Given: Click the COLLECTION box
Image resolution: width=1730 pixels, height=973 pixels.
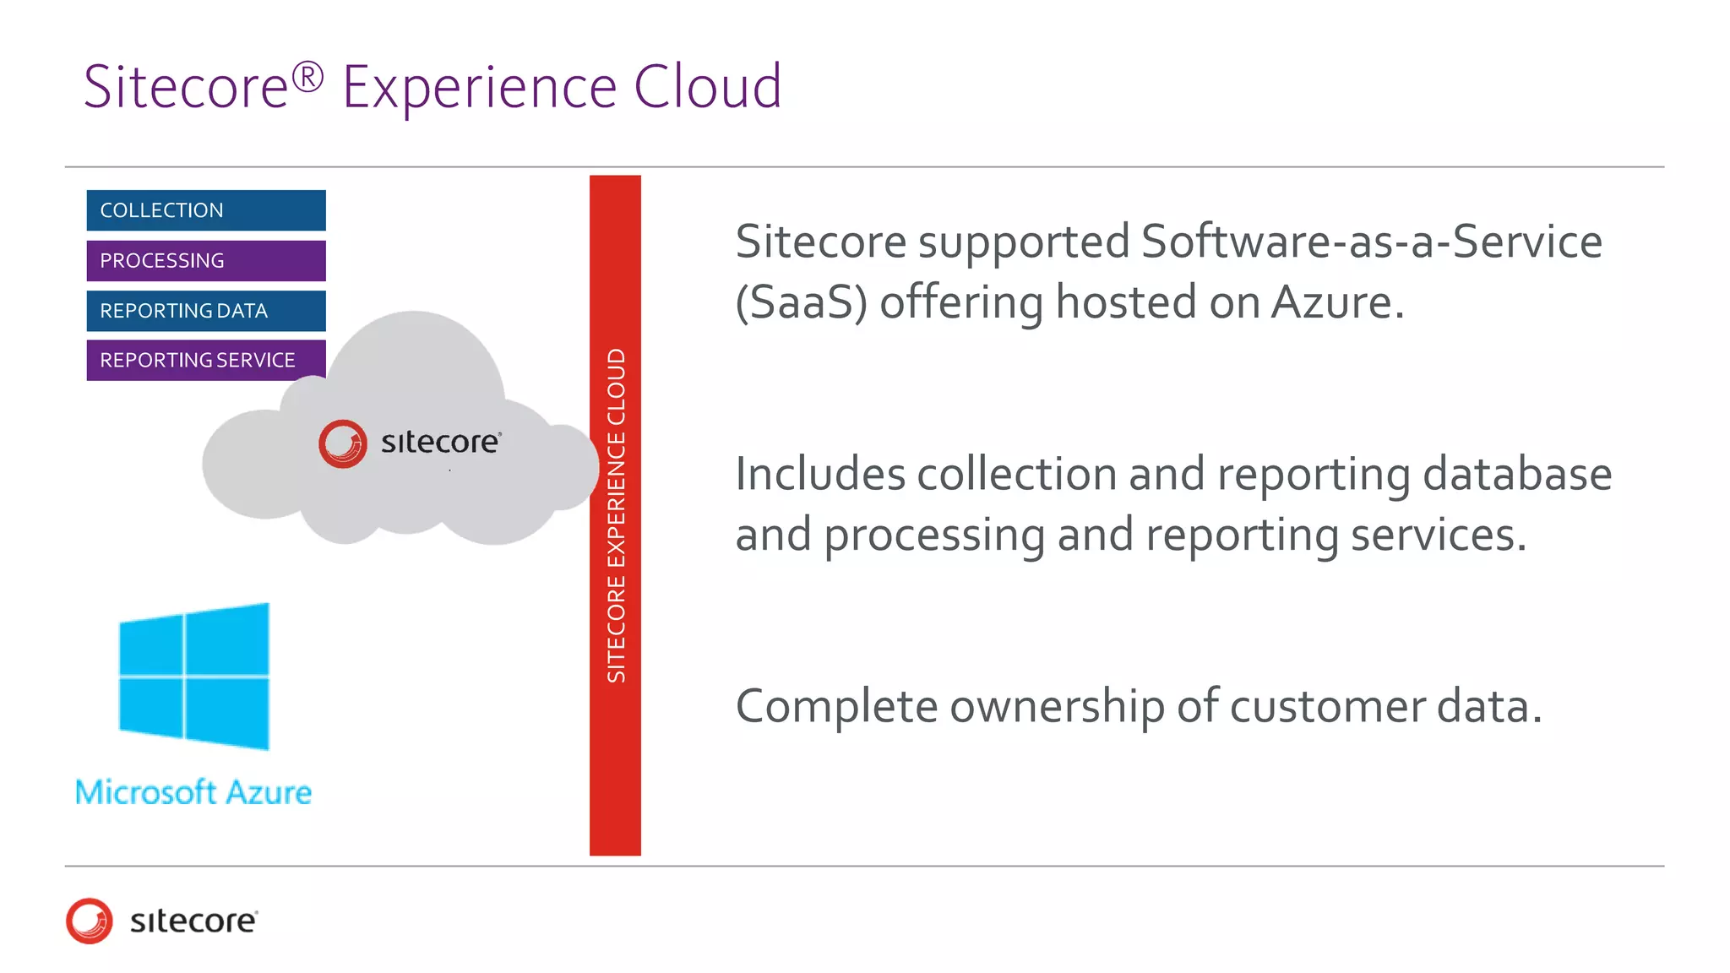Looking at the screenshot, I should click(x=205, y=210).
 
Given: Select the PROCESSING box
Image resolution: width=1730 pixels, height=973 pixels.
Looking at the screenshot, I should click(x=205, y=261).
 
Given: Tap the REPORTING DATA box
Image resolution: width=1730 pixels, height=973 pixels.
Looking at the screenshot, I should click(x=205, y=311).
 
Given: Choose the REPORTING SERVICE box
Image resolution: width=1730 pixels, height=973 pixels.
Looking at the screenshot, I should click(x=205, y=361).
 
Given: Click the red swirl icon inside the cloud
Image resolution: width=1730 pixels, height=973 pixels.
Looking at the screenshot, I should click(x=343, y=443).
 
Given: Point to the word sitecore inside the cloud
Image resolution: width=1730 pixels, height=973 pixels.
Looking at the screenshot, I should click(x=440, y=443).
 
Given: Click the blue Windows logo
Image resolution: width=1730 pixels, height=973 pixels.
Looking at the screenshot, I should click(x=194, y=677).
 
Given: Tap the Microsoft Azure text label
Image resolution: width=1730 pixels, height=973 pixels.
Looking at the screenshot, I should click(x=193, y=793).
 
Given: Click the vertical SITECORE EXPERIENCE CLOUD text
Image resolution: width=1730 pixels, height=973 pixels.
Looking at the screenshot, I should click(x=616, y=515).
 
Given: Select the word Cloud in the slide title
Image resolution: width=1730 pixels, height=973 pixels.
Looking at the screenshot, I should click(x=707, y=87).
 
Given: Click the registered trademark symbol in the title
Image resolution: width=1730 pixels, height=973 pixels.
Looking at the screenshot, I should click(x=307, y=77).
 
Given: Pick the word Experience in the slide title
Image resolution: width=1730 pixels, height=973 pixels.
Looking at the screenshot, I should click(x=479, y=89).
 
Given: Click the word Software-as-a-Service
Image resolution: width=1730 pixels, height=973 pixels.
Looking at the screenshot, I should click(x=1371, y=242).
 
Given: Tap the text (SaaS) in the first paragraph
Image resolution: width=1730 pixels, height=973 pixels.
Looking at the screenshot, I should click(x=801, y=303).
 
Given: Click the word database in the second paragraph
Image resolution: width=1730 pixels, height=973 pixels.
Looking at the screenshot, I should click(x=1517, y=474).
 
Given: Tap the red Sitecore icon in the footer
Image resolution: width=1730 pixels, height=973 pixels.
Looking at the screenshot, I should click(x=90, y=921).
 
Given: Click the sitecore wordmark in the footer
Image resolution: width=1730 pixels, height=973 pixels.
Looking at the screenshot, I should click(x=193, y=921).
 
